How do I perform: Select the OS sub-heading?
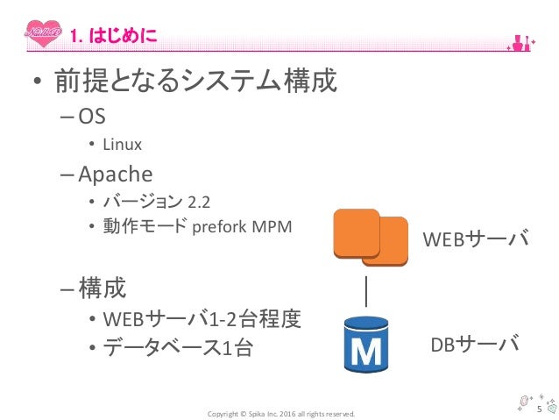[x=91, y=116]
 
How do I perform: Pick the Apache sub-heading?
[x=114, y=173]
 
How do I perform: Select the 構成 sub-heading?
[x=101, y=286]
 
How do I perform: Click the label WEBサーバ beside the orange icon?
[x=476, y=238]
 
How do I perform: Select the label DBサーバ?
[x=474, y=343]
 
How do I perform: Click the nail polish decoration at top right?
[x=527, y=39]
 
